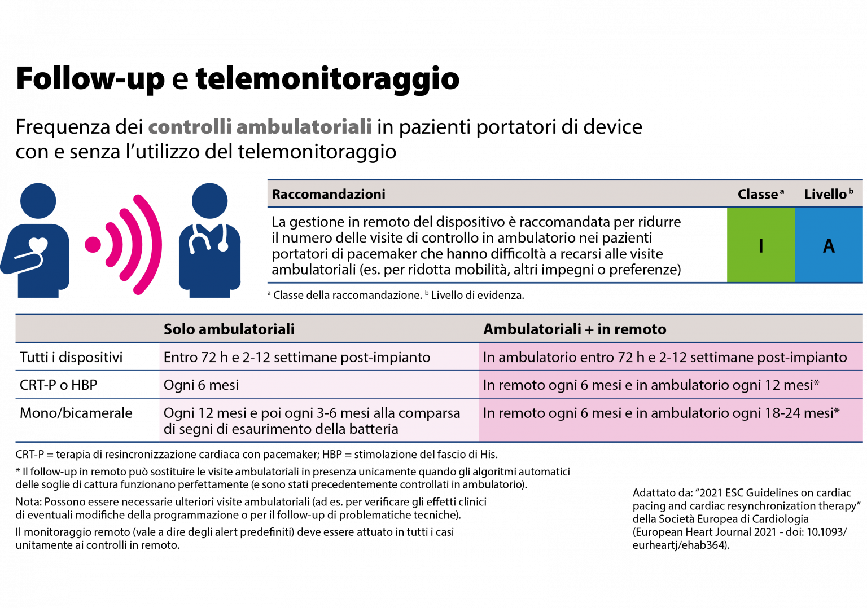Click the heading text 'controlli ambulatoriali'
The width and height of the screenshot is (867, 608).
(x=260, y=127)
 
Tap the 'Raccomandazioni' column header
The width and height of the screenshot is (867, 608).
(x=329, y=194)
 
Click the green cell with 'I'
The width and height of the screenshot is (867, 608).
(x=760, y=245)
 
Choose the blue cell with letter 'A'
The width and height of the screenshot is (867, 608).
(x=829, y=245)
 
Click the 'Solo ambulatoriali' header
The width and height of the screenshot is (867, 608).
(x=229, y=329)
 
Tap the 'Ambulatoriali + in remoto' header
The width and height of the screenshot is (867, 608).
(x=575, y=329)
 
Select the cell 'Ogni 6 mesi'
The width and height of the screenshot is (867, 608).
(x=201, y=385)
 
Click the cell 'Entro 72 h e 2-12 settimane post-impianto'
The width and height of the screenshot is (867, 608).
(x=297, y=357)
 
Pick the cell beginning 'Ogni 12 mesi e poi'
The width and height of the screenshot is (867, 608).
(x=312, y=421)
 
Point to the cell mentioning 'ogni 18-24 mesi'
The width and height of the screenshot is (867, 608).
(x=661, y=413)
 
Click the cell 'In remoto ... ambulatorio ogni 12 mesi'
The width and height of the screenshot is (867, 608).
(x=651, y=385)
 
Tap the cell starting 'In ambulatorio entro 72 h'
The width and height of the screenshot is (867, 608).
(x=665, y=357)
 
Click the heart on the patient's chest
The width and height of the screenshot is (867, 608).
(x=38, y=245)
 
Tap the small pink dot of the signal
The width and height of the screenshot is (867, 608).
(x=93, y=245)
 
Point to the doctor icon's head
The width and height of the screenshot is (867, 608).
(x=210, y=200)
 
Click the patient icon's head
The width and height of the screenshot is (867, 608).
(x=38, y=200)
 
